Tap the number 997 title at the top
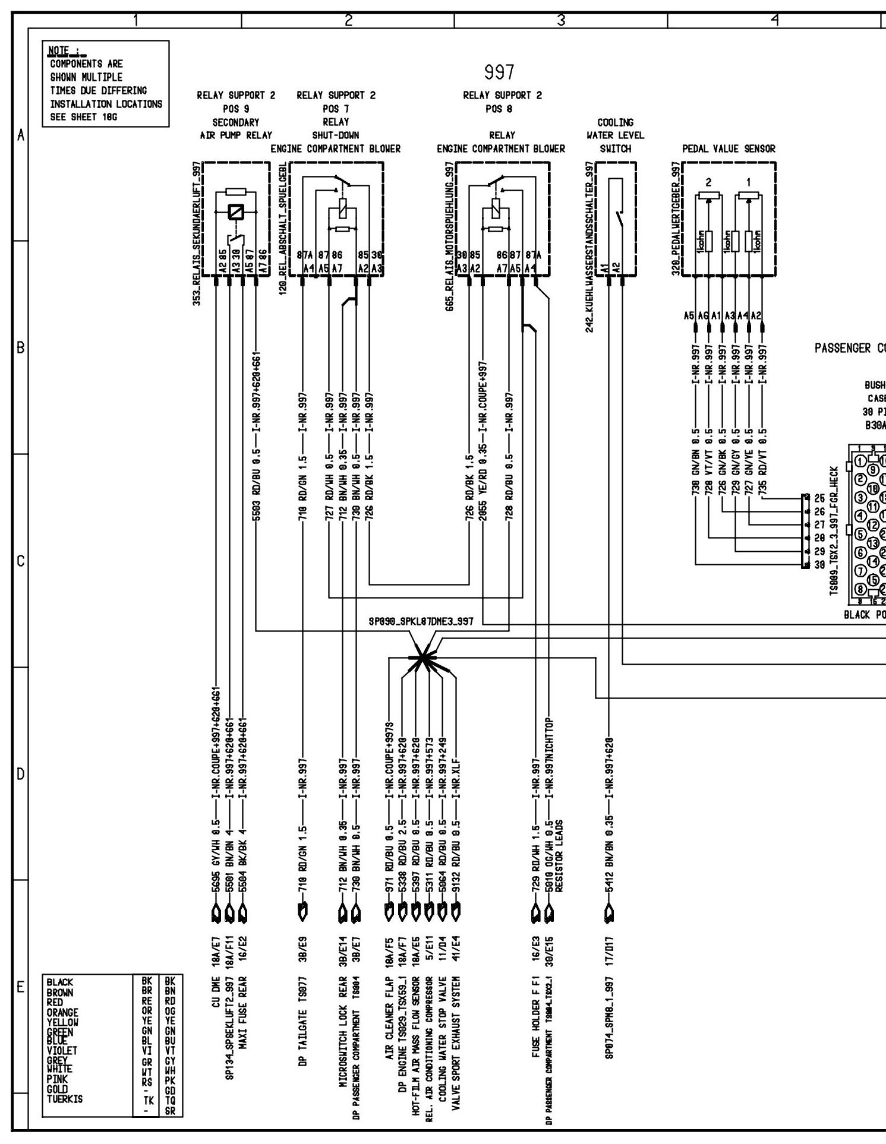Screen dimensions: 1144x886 [x=499, y=72]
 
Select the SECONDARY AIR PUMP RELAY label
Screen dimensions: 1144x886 [x=236, y=129]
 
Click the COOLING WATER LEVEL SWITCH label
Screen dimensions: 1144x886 [x=615, y=135]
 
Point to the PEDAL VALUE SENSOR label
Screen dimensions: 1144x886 [x=729, y=149]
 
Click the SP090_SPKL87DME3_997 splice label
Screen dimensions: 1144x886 [x=421, y=622]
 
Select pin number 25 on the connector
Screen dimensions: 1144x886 [x=819, y=498]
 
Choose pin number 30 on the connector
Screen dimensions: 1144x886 [x=819, y=565]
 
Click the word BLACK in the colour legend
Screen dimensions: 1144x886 [x=60, y=983]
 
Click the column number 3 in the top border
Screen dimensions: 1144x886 [x=560, y=20]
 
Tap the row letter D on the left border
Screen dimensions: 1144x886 [x=21, y=774]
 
